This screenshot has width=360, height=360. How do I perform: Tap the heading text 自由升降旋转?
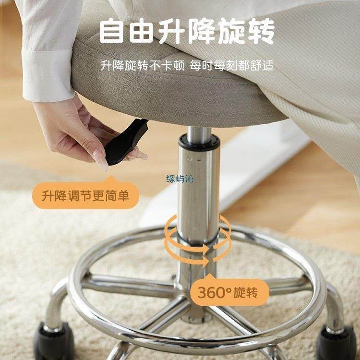(x=187, y=32)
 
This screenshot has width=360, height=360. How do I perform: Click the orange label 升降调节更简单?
(x=84, y=196)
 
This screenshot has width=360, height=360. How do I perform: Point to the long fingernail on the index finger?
(x=103, y=160)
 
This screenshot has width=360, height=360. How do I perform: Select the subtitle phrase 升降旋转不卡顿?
(x=143, y=65)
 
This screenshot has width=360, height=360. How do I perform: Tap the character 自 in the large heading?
(x=113, y=32)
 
